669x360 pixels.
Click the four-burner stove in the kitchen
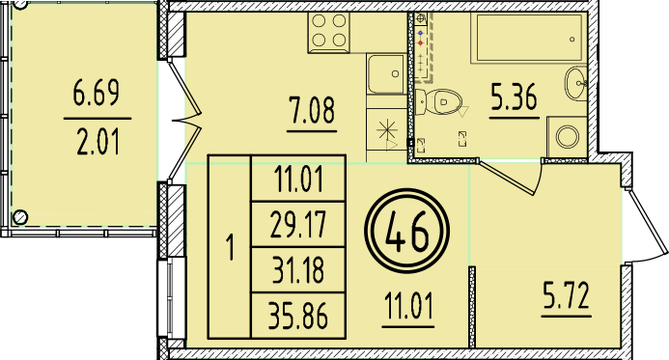point(330,34)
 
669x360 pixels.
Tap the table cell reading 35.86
point(297,316)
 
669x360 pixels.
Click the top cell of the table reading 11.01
point(297,180)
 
